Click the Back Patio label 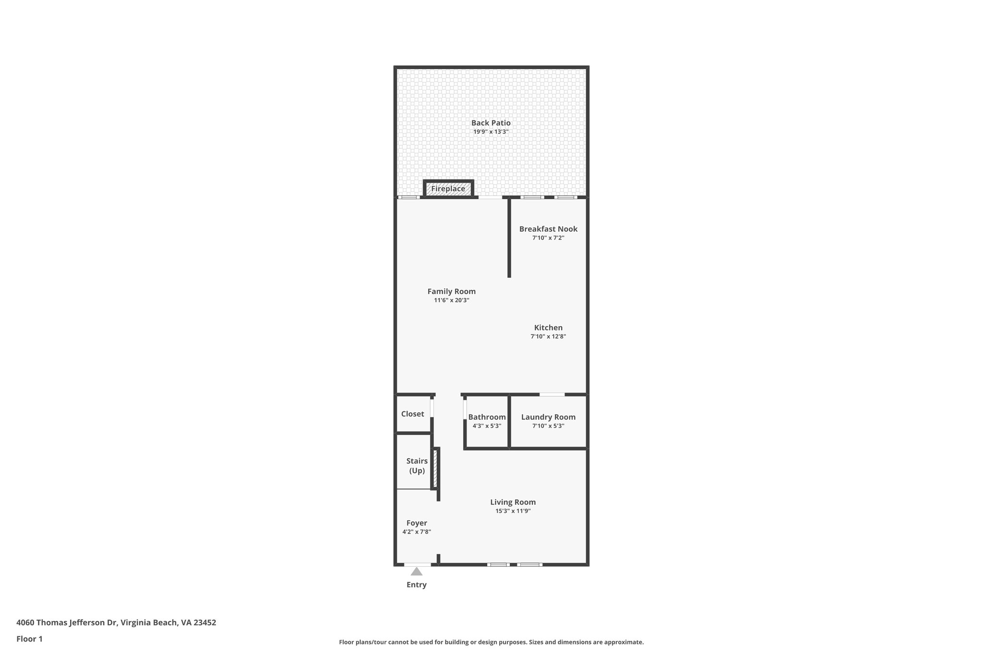491,123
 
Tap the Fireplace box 448,189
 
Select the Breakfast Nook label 548,229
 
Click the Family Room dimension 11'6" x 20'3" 451,300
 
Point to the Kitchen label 548,328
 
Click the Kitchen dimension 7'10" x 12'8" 548,337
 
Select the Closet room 413,414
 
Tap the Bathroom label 487,417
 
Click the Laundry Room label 548,417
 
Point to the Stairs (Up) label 417,465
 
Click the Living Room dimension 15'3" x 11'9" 513,511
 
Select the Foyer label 417,523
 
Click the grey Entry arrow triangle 417,572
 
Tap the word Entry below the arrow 417,584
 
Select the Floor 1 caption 29,639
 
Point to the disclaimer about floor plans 491,642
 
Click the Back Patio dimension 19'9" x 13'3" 491,131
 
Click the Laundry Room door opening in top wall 552,394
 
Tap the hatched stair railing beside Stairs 435,468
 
